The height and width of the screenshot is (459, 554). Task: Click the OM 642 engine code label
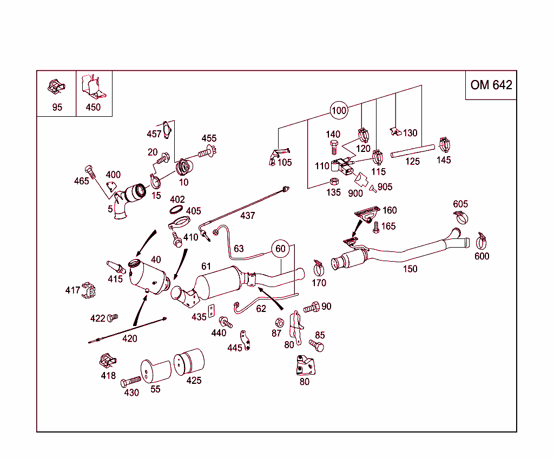[x=491, y=85]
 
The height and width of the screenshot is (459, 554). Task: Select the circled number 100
[x=339, y=111]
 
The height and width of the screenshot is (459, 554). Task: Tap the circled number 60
[x=280, y=249]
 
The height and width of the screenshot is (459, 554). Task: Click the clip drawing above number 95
[x=56, y=86]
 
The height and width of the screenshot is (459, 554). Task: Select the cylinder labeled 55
[x=155, y=371]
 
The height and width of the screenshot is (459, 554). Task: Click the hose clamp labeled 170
[x=319, y=267]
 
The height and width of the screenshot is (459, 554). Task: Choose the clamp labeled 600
[x=482, y=240]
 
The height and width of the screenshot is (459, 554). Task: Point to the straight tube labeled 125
[x=412, y=151]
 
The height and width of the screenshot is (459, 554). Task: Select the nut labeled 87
[x=280, y=323]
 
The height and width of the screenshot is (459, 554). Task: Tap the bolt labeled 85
[x=317, y=345]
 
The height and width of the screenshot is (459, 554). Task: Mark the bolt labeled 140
[x=334, y=147]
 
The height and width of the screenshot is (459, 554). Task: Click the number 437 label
[x=247, y=216]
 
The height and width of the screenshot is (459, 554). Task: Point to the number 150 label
[x=410, y=269]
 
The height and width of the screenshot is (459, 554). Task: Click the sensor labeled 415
[x=116, y=268]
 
